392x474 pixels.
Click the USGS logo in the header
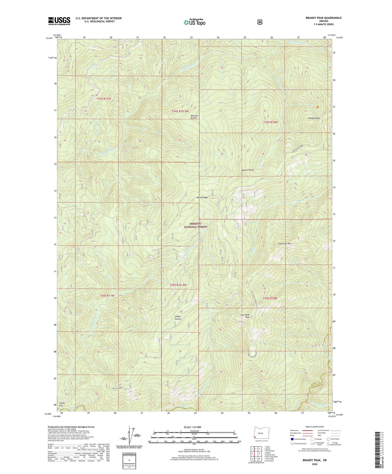(x=59, y=21)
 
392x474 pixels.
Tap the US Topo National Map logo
(x=194, y=22)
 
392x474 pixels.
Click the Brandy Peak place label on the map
(x=314, y=118)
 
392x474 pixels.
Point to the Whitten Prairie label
(x=194, y=117)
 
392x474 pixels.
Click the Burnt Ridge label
(x=203, y=197)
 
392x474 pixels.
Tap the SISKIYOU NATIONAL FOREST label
(x=195, y=225)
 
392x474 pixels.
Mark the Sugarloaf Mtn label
(x=284, y=243)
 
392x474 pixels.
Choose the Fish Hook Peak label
(x=246, y=316)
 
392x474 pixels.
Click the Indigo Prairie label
(x=178, y=318)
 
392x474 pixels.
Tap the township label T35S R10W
(x=270, y=298)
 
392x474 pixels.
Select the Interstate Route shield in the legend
(x=292, y=439)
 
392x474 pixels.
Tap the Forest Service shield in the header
(x=260, y=22)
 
